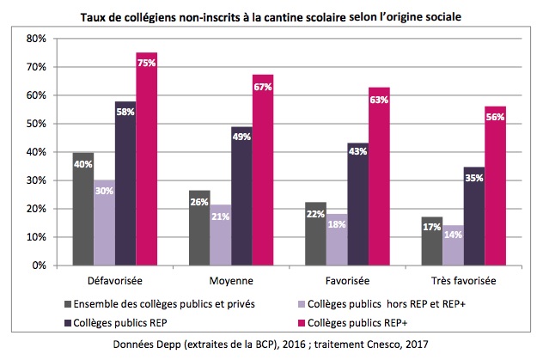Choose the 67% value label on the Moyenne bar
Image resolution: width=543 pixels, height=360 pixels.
click(x=262, y=88)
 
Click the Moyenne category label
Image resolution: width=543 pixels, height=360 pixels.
click(x=231, y=280)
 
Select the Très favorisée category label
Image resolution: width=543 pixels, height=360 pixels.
click(x=462, y=280)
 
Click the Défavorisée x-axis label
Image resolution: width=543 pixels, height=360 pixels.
click(x=115, y=280)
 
